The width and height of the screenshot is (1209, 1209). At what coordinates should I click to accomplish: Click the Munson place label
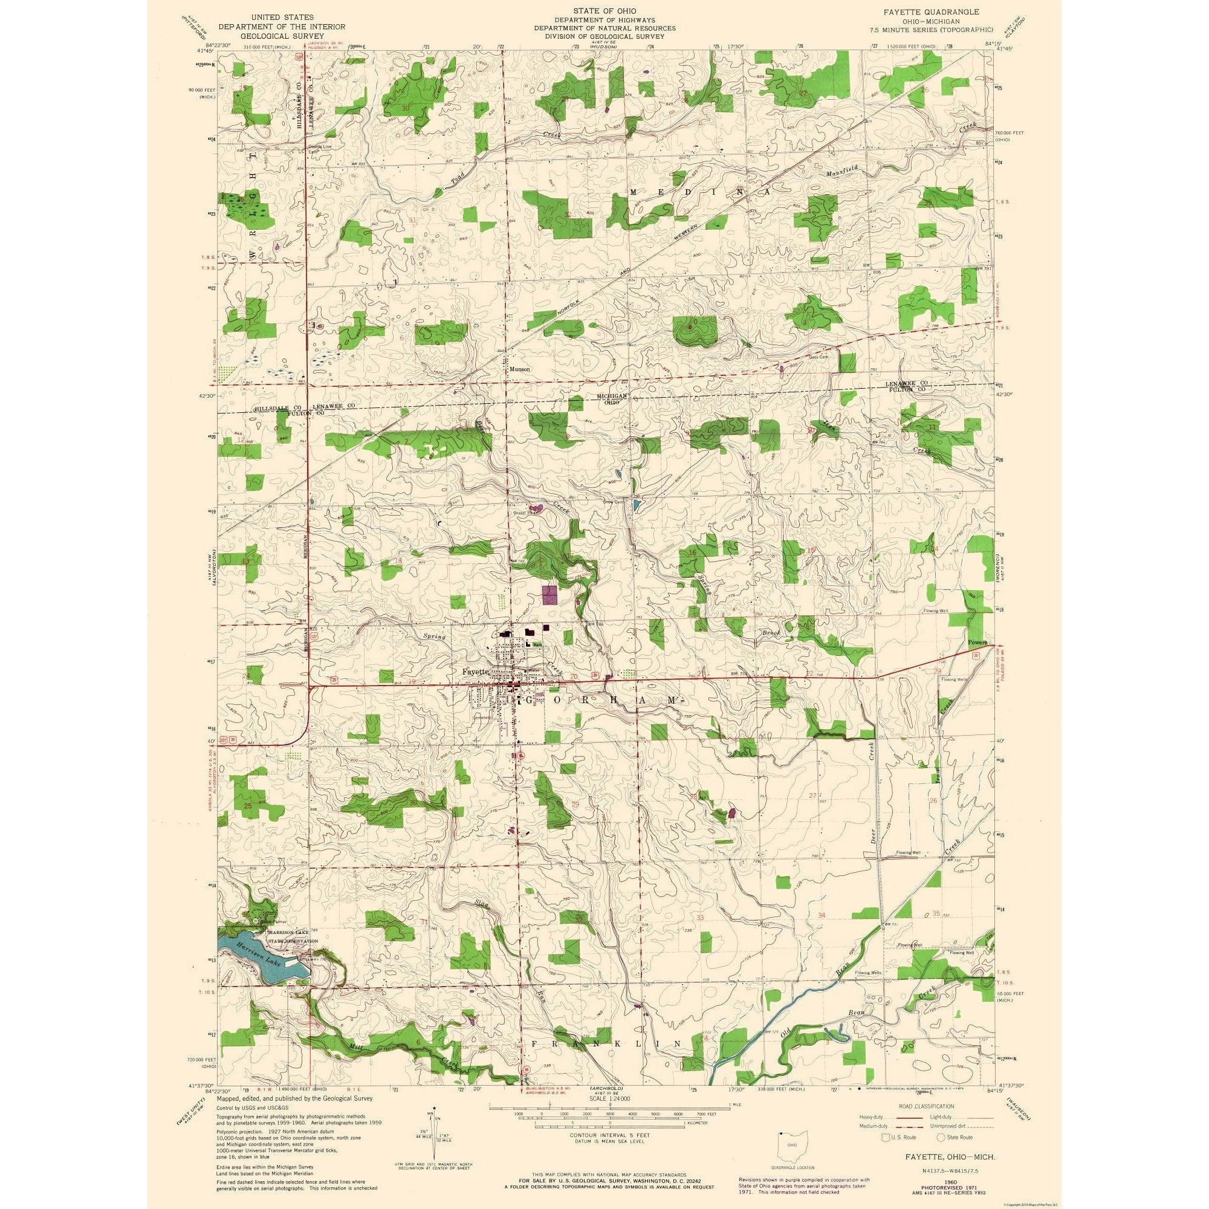pos(519,369)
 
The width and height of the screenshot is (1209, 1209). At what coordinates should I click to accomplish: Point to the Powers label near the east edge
pos(977,643)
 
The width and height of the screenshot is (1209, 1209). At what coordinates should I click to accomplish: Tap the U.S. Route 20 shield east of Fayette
pos(592,675)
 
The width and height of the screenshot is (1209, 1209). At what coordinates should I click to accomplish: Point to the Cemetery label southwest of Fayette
pos(481,718)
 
